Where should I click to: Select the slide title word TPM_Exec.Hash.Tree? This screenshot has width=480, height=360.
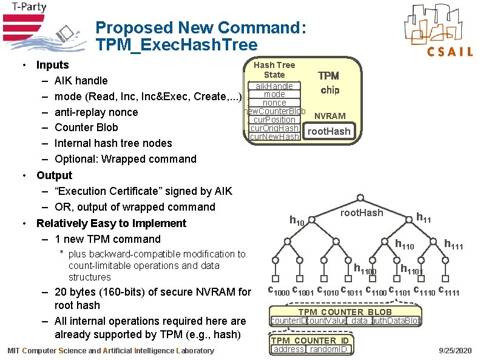[x=176, y=45]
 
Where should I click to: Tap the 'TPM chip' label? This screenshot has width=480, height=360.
[x=330, y=83]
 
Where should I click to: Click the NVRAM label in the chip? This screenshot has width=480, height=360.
[x=330, y=116]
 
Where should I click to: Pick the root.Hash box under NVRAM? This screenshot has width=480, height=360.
[x=329, y=131]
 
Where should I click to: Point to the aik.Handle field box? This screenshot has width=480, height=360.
[x=274, y=86]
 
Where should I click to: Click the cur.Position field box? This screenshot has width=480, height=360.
[x=274, y=120]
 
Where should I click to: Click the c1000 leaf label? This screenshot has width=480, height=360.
[x=279, y=291]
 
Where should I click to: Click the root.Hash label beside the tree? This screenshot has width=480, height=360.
[x=362, y=212]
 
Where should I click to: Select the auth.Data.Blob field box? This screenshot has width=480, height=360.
[x=396, y=321]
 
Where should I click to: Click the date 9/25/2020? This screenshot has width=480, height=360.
[x=454, y=351]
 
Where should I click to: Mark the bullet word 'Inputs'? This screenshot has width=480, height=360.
[x=53, y=65]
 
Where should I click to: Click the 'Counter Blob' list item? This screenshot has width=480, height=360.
[x=86, y=127]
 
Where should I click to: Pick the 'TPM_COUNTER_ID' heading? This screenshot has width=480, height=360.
[x=309, y=341]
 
